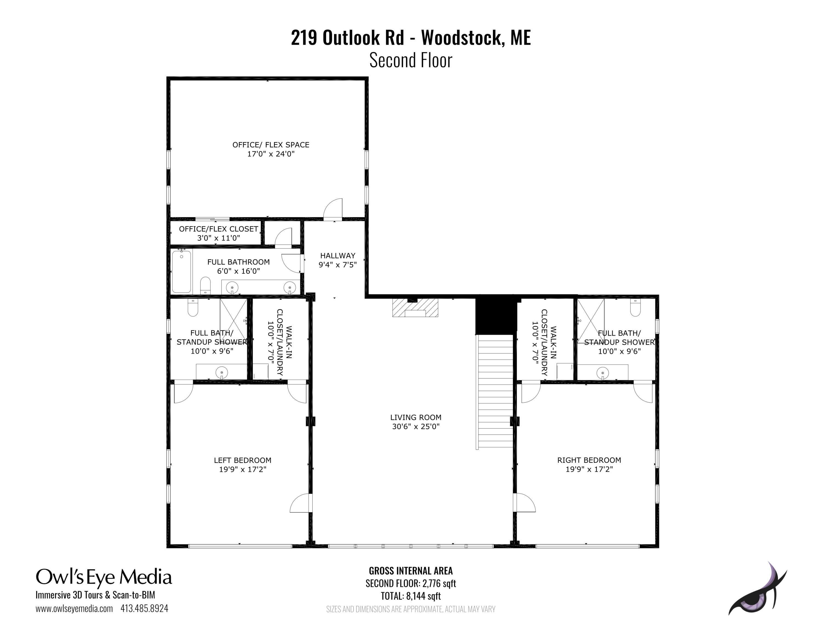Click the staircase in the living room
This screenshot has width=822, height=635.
click(x=495, y=391)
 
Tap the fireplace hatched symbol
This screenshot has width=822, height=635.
click(x=415, y=308)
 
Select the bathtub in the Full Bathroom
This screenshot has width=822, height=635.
click(x=181, y=271)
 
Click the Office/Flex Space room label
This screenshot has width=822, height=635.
click(x=271, y=145)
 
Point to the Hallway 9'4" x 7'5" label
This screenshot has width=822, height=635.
click(x=338, y=260)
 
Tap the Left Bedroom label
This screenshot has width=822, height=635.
click(x=242, y=460)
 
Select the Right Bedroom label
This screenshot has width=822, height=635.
click(x=589, y=460)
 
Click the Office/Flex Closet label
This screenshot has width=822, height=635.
click(x=218, y=229)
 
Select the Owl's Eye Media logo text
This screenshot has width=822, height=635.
click(x=104, y=577)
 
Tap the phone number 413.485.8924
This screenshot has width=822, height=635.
click(x=144, y=608)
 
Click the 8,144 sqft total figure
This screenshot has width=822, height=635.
click(x=423, y=596)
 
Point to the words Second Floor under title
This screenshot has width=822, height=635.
click(x=411, y=60)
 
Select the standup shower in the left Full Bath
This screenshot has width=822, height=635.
click(x=233, y=320)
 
